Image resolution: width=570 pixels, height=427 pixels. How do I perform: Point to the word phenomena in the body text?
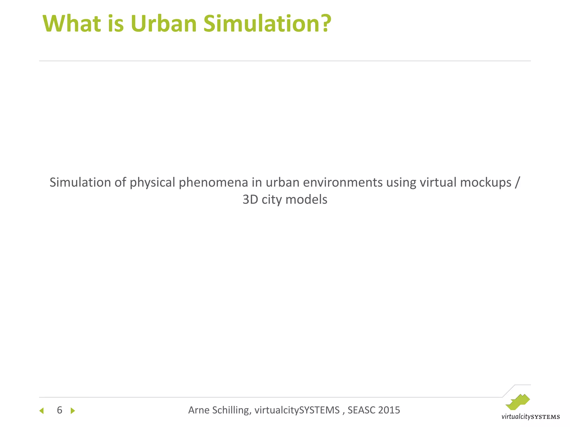tap(213, 183)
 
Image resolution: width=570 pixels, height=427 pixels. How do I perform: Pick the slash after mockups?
tap(517, 183)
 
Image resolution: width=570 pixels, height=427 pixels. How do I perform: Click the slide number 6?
tap(60, 410)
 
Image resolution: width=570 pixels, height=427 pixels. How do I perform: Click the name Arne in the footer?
tap(198, 410)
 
